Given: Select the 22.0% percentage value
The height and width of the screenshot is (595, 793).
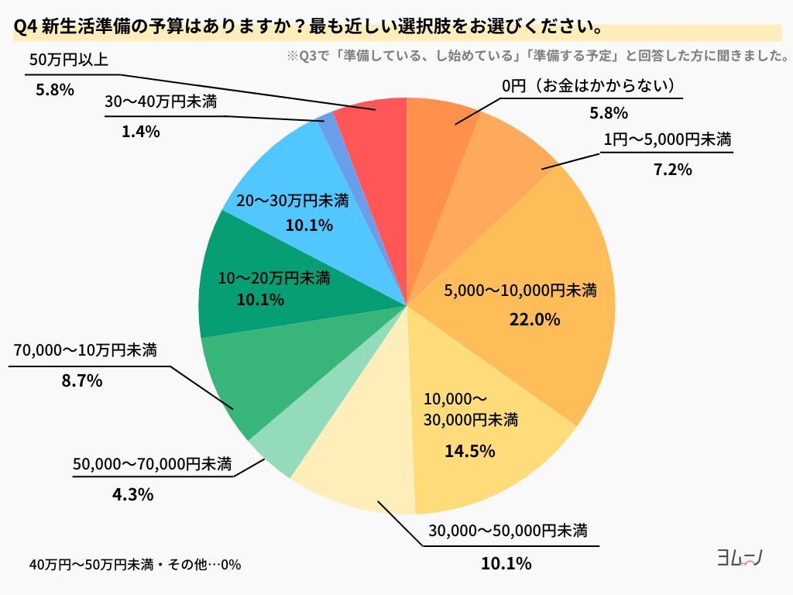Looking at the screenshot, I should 534,319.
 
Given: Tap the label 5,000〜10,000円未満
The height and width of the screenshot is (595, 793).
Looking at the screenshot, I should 520,291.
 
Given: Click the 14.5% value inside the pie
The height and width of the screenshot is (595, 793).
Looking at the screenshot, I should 469,451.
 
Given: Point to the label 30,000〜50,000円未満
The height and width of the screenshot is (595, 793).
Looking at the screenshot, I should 508,531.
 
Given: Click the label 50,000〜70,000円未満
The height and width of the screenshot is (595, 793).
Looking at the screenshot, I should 153,465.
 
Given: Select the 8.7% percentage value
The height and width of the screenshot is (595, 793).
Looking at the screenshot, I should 83,381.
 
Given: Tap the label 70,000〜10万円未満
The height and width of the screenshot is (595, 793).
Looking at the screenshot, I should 85,351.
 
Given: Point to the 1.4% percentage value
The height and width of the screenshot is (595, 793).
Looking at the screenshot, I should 140,132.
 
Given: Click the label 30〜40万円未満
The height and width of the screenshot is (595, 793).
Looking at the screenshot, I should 161,101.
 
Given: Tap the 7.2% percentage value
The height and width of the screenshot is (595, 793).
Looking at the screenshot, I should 672,170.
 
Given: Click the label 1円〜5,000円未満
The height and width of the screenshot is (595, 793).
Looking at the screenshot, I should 668,140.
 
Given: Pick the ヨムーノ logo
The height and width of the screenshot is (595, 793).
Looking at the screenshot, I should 740,558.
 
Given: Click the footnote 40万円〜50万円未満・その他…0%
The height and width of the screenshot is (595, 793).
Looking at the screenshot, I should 135,565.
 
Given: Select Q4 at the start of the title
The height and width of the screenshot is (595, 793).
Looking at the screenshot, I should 26,29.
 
